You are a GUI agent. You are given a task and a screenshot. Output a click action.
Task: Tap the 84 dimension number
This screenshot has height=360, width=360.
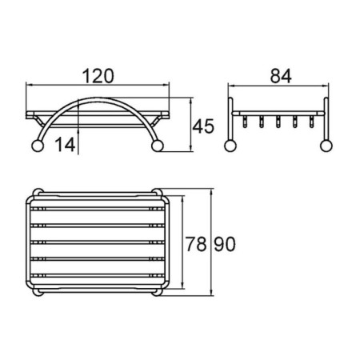click(278, 76)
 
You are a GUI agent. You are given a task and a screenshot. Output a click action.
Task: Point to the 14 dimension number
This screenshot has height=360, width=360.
click(66, 145)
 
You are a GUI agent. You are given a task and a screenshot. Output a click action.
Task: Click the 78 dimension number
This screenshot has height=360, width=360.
click(196, 243)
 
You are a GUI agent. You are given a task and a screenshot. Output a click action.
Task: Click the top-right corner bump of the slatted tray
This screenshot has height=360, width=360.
click(156, 193)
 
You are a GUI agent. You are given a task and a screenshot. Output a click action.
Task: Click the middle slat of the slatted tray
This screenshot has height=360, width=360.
click(98, 243)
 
